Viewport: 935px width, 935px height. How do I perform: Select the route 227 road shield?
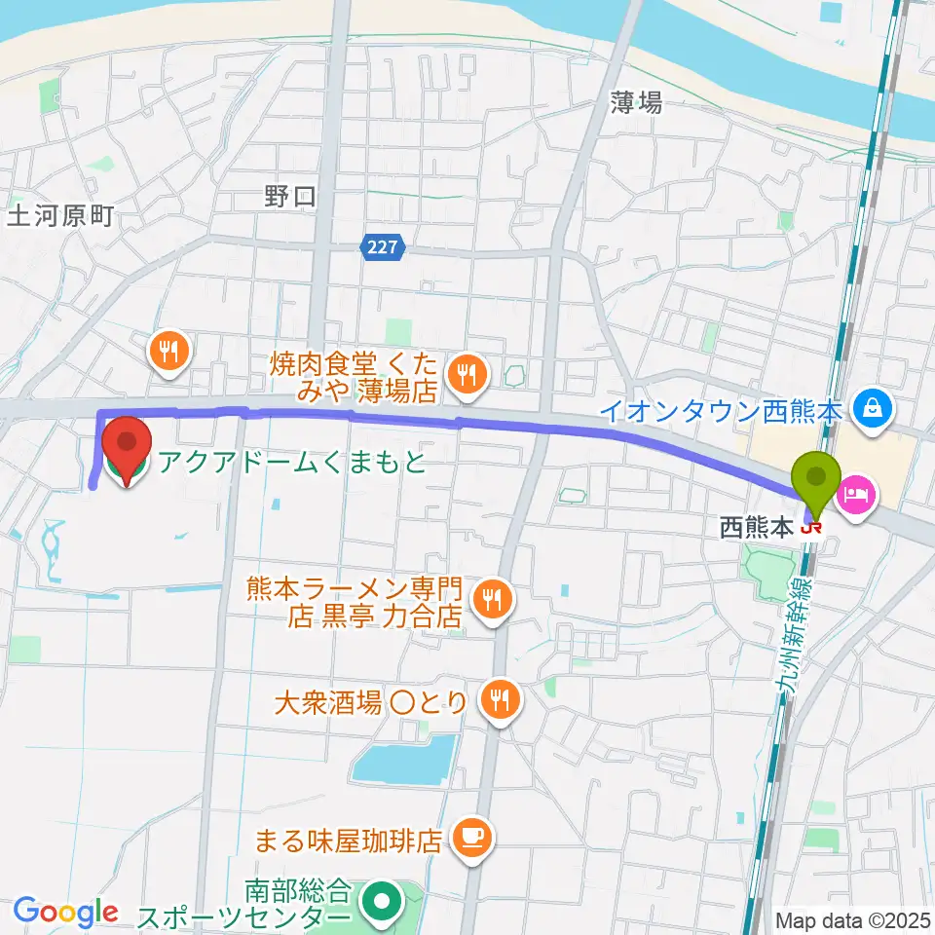(x=382, y=248)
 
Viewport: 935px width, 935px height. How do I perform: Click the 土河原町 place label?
(x=60, y=216)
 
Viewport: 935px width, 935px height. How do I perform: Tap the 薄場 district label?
(x=637, y=101)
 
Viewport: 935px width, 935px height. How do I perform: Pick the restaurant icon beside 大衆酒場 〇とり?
(x=500, y=699)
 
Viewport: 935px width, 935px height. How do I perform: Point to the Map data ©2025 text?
(x=852, y=919)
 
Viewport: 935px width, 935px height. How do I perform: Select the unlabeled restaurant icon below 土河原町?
(x=169, y=352)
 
